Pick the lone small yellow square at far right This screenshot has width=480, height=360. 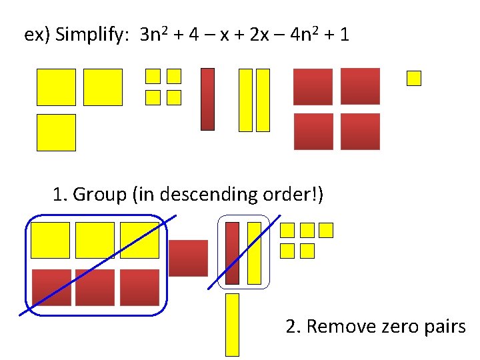click(414, 79)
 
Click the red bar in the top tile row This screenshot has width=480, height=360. click(208, 99)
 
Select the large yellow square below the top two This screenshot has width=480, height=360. click(56, 132)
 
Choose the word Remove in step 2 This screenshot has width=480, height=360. click(337, 327)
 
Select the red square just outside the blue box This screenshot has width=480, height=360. click(188, 258)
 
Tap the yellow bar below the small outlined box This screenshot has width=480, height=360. click(232, 324)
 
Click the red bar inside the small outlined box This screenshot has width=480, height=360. click(232, 253)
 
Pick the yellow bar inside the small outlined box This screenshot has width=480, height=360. click(254, 253)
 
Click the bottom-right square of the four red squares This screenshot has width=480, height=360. click(360, 131)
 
